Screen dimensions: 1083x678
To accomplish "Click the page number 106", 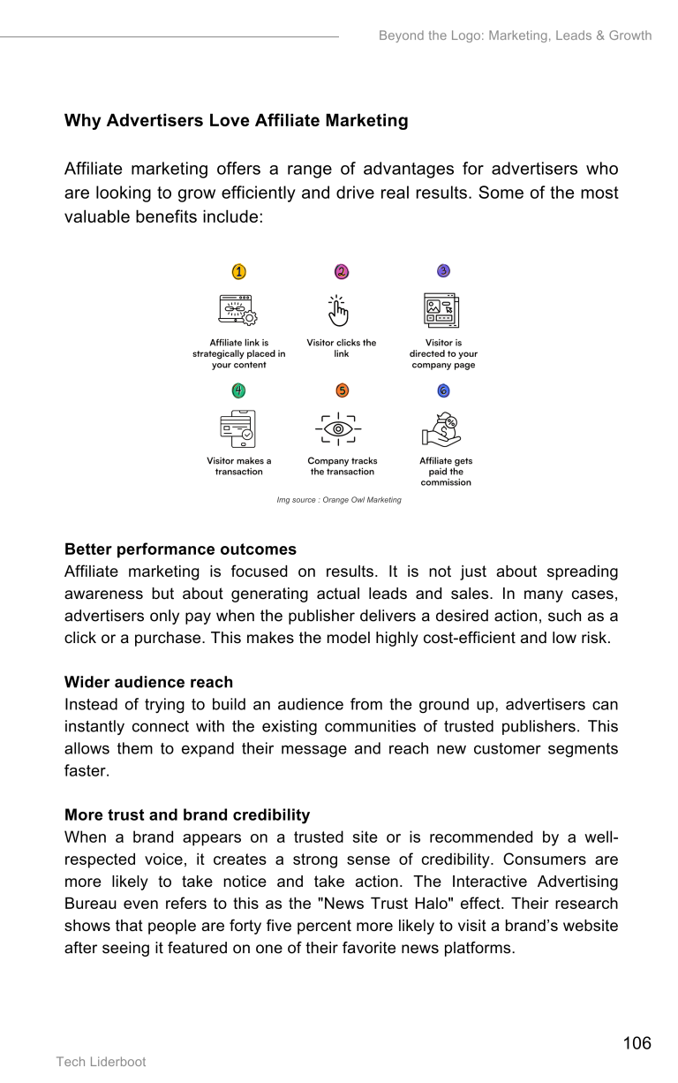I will click(637, 1043).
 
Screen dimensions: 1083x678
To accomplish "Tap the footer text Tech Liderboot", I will click(102, 1062).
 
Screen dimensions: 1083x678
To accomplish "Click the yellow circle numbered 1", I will click(239, 272).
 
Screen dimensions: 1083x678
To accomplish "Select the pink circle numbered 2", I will click(342, 272).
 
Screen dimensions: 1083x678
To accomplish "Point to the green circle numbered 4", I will click(238, 390).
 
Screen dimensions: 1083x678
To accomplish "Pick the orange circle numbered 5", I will click(342, 390).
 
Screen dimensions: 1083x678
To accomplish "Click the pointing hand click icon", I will click(339, 311).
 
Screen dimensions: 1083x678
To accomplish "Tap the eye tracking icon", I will click(338, 429).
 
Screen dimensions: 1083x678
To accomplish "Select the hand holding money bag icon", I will click(441, 429).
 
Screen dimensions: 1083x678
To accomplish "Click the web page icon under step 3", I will click(441, 310).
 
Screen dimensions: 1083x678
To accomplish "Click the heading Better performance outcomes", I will click(180, 549).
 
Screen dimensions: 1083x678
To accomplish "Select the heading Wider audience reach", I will click(148, 682).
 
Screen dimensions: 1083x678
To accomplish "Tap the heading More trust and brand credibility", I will click(187, 814).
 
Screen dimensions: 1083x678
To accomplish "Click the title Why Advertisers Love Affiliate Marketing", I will click(236, 121).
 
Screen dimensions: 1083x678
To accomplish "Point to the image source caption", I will click(339, 500).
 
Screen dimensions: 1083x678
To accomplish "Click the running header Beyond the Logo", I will click(515, 36).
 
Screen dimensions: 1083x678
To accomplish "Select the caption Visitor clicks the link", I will click(342, 348).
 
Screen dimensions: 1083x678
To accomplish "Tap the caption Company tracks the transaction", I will click(342, 466).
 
